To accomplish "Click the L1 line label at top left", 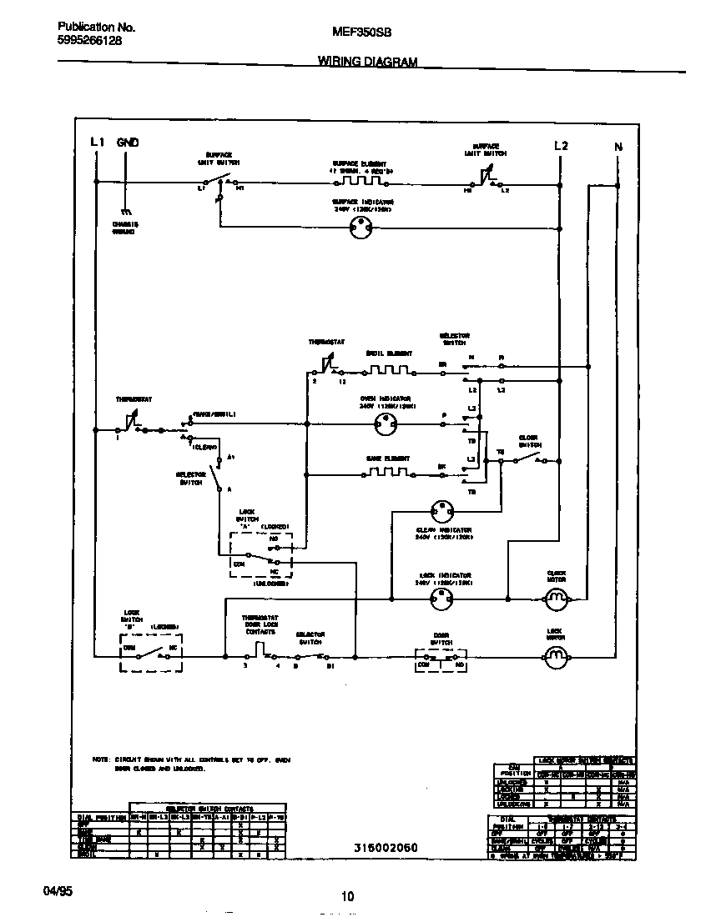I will (x=97, y=143).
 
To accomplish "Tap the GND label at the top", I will (x=127, y=143).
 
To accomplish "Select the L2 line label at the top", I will (x=561, y=146).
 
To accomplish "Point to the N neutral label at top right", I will (x=618, y=148).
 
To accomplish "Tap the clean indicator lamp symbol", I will (x=441, y=510).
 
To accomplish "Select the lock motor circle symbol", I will (x=556, y=658).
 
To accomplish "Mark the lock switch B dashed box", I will (x=151, y=656).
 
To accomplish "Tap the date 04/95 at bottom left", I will (x=58, y=891).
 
